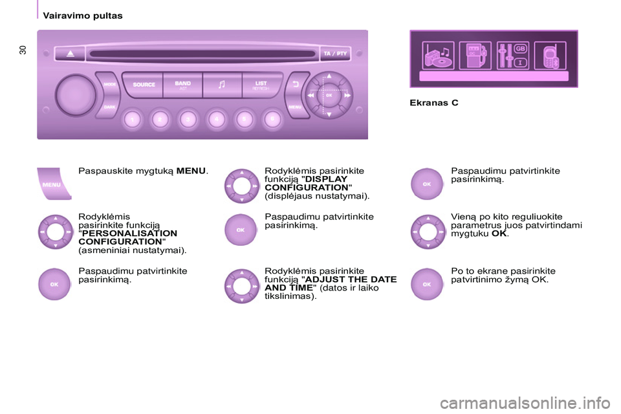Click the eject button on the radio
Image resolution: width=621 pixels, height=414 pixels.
(x=70, y=54)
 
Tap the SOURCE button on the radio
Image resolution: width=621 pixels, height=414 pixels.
(x=143, y=84)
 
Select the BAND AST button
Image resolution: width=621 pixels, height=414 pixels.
(x=182, y=84)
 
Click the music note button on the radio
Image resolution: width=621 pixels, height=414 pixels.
(x=222, y=84)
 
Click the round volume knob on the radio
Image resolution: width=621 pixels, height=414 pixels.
(x=75, y=95)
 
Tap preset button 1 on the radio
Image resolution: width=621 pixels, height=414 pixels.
(x=132, y=119)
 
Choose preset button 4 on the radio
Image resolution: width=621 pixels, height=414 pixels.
(x=216, y=119)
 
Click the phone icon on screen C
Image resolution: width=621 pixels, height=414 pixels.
(x=550, y=56)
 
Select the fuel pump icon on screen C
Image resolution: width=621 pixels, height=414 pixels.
(x=475, y=56)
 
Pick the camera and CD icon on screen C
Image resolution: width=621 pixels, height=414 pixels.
(x=438, y=56)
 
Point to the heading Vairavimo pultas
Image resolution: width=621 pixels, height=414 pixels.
(x=83, y=16)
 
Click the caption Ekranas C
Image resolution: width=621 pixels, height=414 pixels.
(x=434, y=103)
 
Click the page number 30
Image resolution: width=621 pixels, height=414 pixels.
(x=23, y=50)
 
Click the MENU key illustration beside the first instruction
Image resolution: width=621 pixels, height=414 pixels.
(x=54, y=184)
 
